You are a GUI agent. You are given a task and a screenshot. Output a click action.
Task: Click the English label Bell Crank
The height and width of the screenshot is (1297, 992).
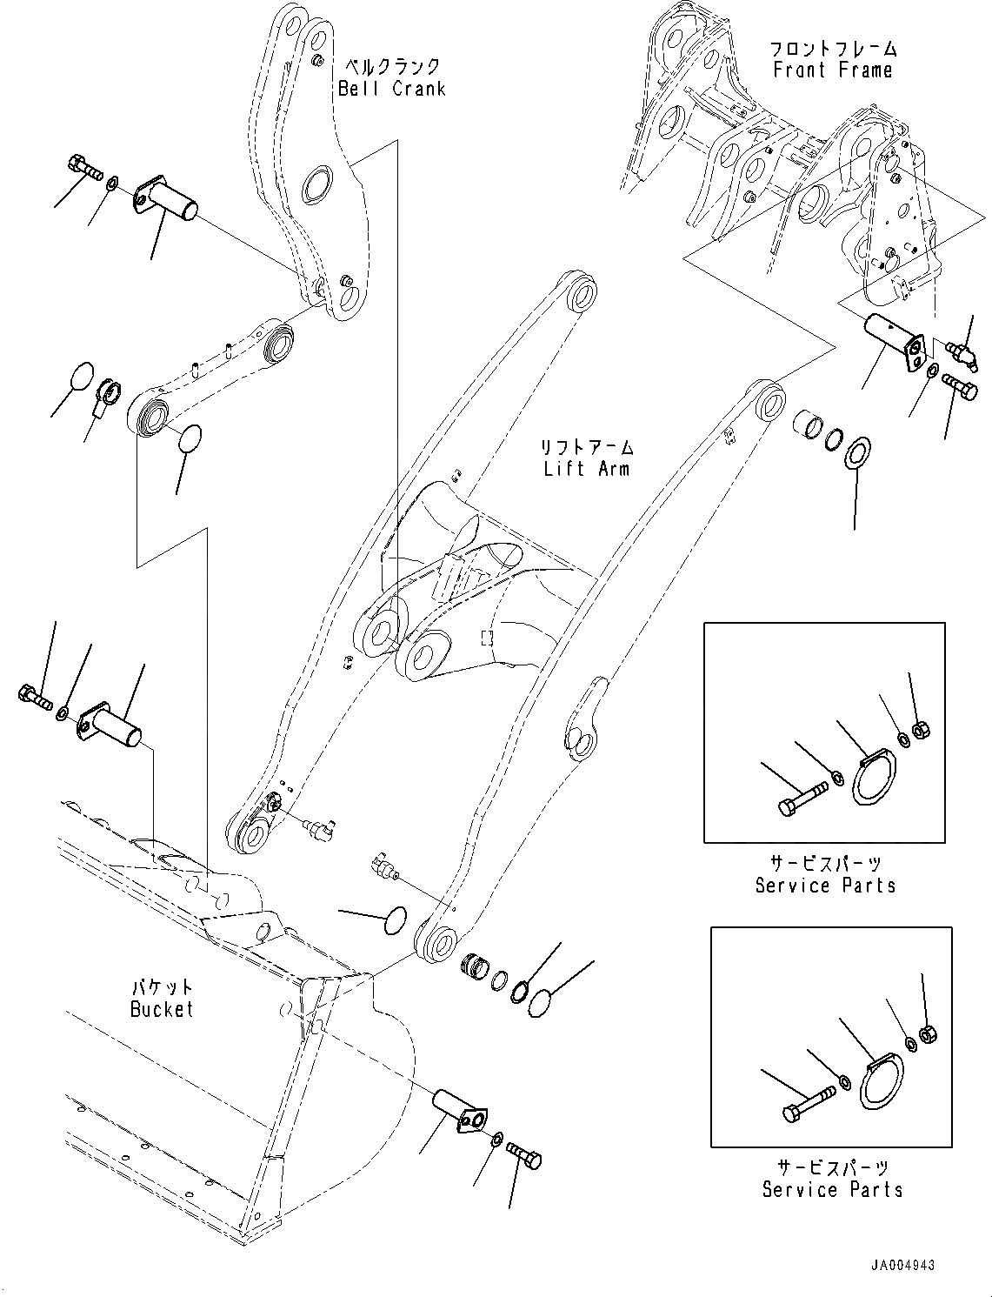point(391,89)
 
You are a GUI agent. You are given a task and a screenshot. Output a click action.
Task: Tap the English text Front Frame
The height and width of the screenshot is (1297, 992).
point(832,70)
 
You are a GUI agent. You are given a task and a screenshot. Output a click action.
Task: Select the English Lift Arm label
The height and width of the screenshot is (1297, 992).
point(587,469)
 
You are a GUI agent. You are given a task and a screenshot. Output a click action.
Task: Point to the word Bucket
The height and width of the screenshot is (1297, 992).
point(161,1009)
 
